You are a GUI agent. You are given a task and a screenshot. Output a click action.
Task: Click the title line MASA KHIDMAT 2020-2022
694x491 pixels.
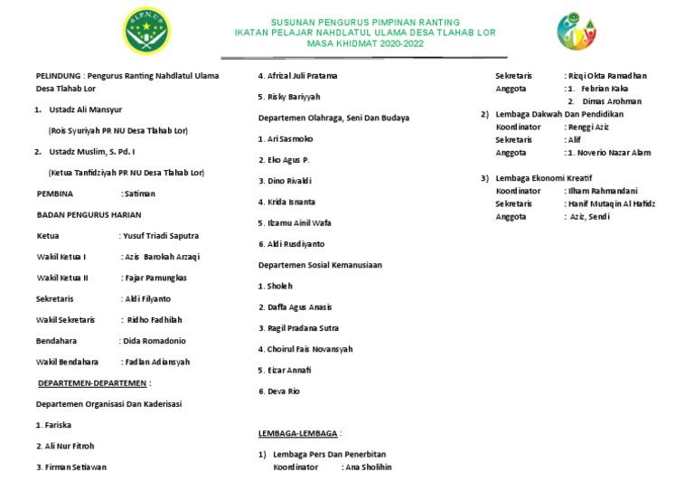coord(366,43)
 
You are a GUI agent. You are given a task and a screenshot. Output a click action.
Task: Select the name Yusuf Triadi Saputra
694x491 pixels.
coord(160,236)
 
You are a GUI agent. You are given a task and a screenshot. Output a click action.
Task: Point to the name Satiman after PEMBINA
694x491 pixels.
coord(138,194)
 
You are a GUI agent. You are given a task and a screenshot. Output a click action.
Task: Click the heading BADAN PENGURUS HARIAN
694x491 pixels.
coord(83,215)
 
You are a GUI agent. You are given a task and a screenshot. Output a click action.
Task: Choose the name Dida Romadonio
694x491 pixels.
coord(153,341)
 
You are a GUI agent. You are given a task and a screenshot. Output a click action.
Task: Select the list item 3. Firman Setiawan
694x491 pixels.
coord(71,467)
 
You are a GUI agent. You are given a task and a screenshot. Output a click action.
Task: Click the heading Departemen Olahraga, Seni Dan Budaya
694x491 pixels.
coord(333,118)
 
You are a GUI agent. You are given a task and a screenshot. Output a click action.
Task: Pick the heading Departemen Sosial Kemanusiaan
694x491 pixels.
coord(320,265)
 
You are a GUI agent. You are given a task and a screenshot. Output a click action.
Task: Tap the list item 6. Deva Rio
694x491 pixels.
coord(278,392)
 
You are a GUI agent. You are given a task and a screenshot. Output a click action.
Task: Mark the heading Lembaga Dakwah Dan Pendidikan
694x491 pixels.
coord(558,115)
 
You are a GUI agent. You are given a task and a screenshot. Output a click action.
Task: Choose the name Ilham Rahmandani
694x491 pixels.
coord(604,191)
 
